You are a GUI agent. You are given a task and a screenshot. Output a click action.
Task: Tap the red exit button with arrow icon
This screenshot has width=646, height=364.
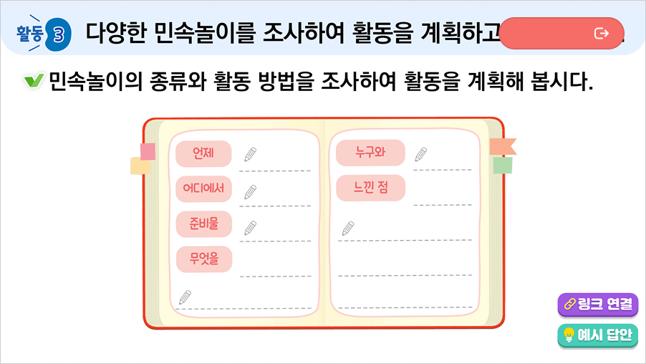(561, 33)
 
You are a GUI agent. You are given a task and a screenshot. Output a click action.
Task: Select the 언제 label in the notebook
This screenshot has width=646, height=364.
(203, 153)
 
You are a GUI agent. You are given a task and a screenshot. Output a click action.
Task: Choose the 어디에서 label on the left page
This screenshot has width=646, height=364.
(203, 188)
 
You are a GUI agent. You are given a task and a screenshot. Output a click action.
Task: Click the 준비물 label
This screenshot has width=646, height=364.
(203, 224)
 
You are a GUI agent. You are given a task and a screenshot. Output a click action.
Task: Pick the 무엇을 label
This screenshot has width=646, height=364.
(203, 259)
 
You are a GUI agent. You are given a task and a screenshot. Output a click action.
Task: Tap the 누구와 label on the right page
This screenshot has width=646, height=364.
(370, 152)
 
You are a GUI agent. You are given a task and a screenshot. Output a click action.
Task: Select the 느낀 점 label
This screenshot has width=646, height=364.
(370, 188)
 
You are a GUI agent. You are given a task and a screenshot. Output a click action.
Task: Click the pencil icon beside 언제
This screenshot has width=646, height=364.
(250, 154)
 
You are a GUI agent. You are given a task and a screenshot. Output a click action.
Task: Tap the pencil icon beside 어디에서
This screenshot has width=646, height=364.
(250, 191)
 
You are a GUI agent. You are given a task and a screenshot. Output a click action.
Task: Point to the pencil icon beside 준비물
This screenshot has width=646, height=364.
(250, 227)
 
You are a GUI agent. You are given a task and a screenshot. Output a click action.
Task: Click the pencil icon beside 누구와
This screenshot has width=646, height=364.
(421, 153)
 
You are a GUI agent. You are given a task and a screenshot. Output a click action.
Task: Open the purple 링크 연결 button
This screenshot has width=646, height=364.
(597, 304)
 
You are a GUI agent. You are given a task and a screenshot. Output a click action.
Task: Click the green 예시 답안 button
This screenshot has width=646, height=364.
(597, 335)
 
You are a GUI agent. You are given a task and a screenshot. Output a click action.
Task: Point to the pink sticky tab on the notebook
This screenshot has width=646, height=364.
(148, 151)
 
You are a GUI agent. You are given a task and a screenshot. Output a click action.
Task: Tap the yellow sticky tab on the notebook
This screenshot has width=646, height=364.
(140, 167)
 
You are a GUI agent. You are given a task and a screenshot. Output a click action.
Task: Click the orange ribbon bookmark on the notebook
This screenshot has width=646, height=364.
(502, 147)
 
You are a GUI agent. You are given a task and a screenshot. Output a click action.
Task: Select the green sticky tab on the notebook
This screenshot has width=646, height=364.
(503, 166)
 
